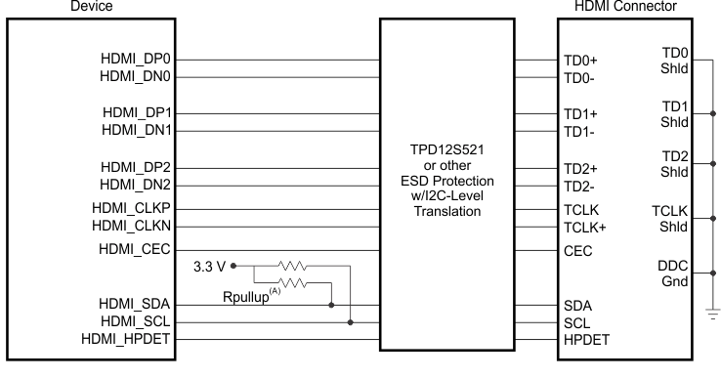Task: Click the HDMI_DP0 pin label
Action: coord(137,60)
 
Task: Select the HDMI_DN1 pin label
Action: coord(137,129)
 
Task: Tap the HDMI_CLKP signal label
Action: coord(132,209)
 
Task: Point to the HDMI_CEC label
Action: coord(136,249)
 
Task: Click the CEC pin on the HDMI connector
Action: coord(579,250)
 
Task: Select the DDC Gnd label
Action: coord(673,274)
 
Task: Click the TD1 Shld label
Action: coord(673,113)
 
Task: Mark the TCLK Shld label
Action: coord(671,220)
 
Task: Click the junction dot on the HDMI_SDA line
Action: coord(333,304)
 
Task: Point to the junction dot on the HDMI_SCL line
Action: coord(351,321)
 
